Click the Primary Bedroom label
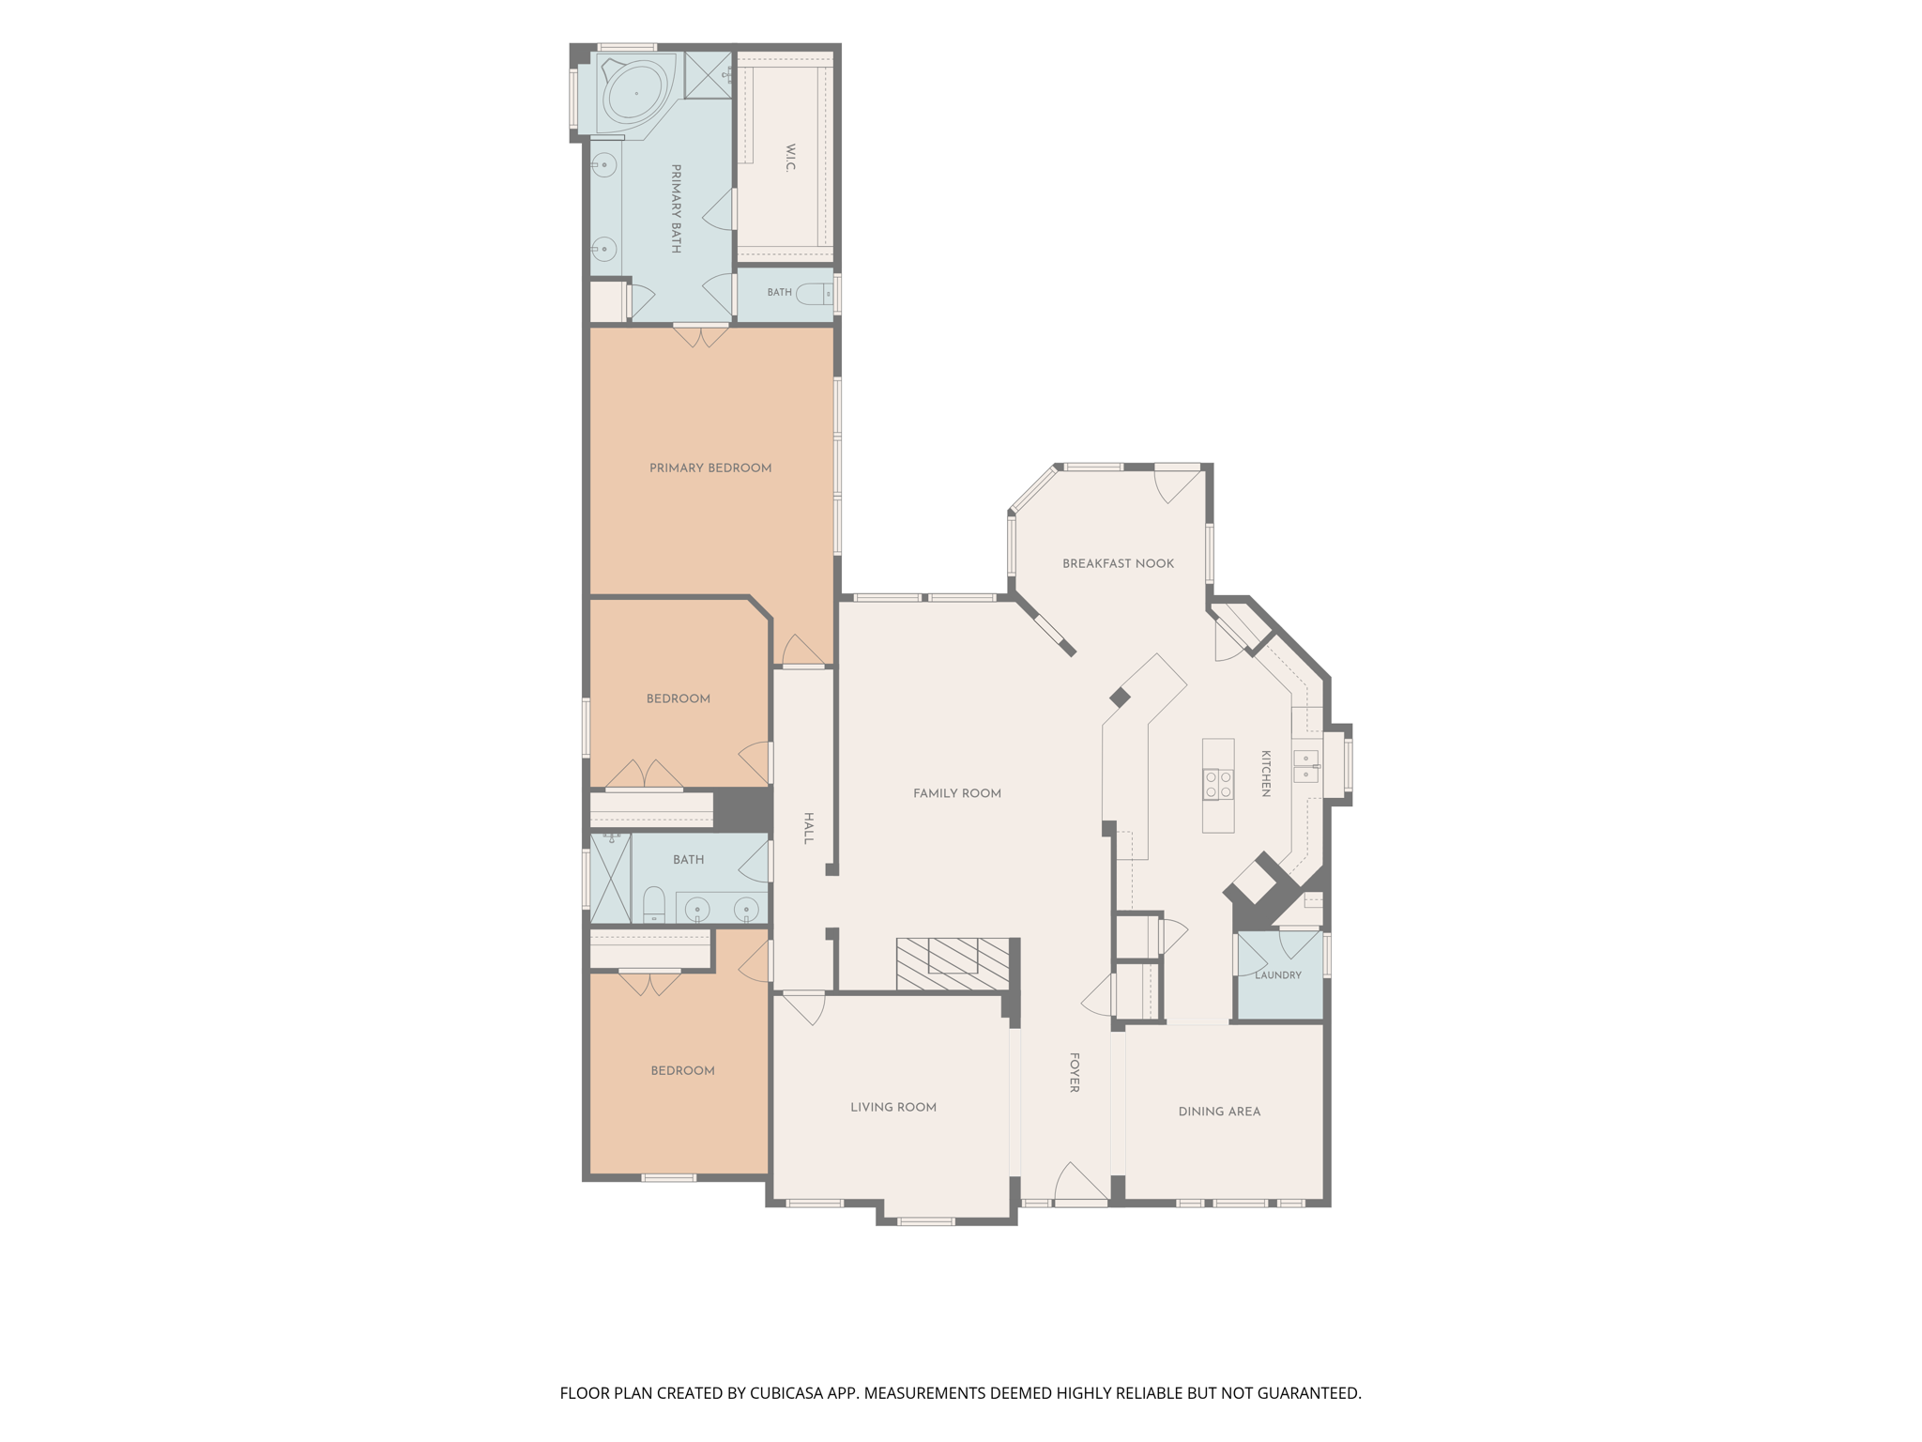710,468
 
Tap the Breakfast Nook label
1118,564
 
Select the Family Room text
957,793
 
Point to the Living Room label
893,1108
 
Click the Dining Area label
1219,1112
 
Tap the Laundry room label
1278,975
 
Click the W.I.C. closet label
790,158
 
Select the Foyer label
1075,1072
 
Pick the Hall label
808,828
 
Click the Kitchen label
1265,774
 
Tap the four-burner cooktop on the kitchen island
1218,784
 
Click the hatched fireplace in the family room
953,964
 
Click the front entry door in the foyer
1081,1184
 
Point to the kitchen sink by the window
1306,766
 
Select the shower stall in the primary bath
709,74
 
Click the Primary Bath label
676,209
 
